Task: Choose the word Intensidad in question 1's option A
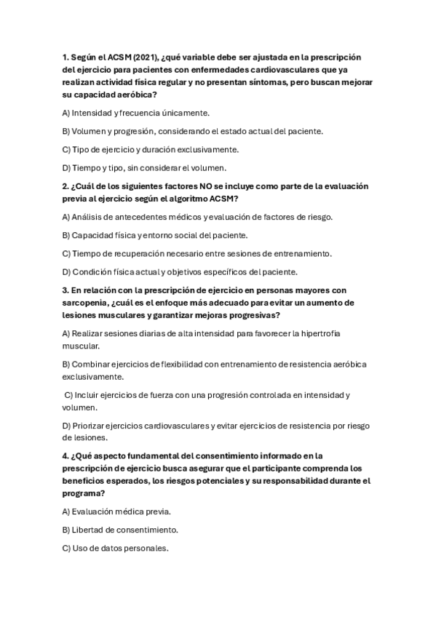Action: (93, 114)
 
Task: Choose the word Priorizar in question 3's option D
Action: (92, 426)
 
